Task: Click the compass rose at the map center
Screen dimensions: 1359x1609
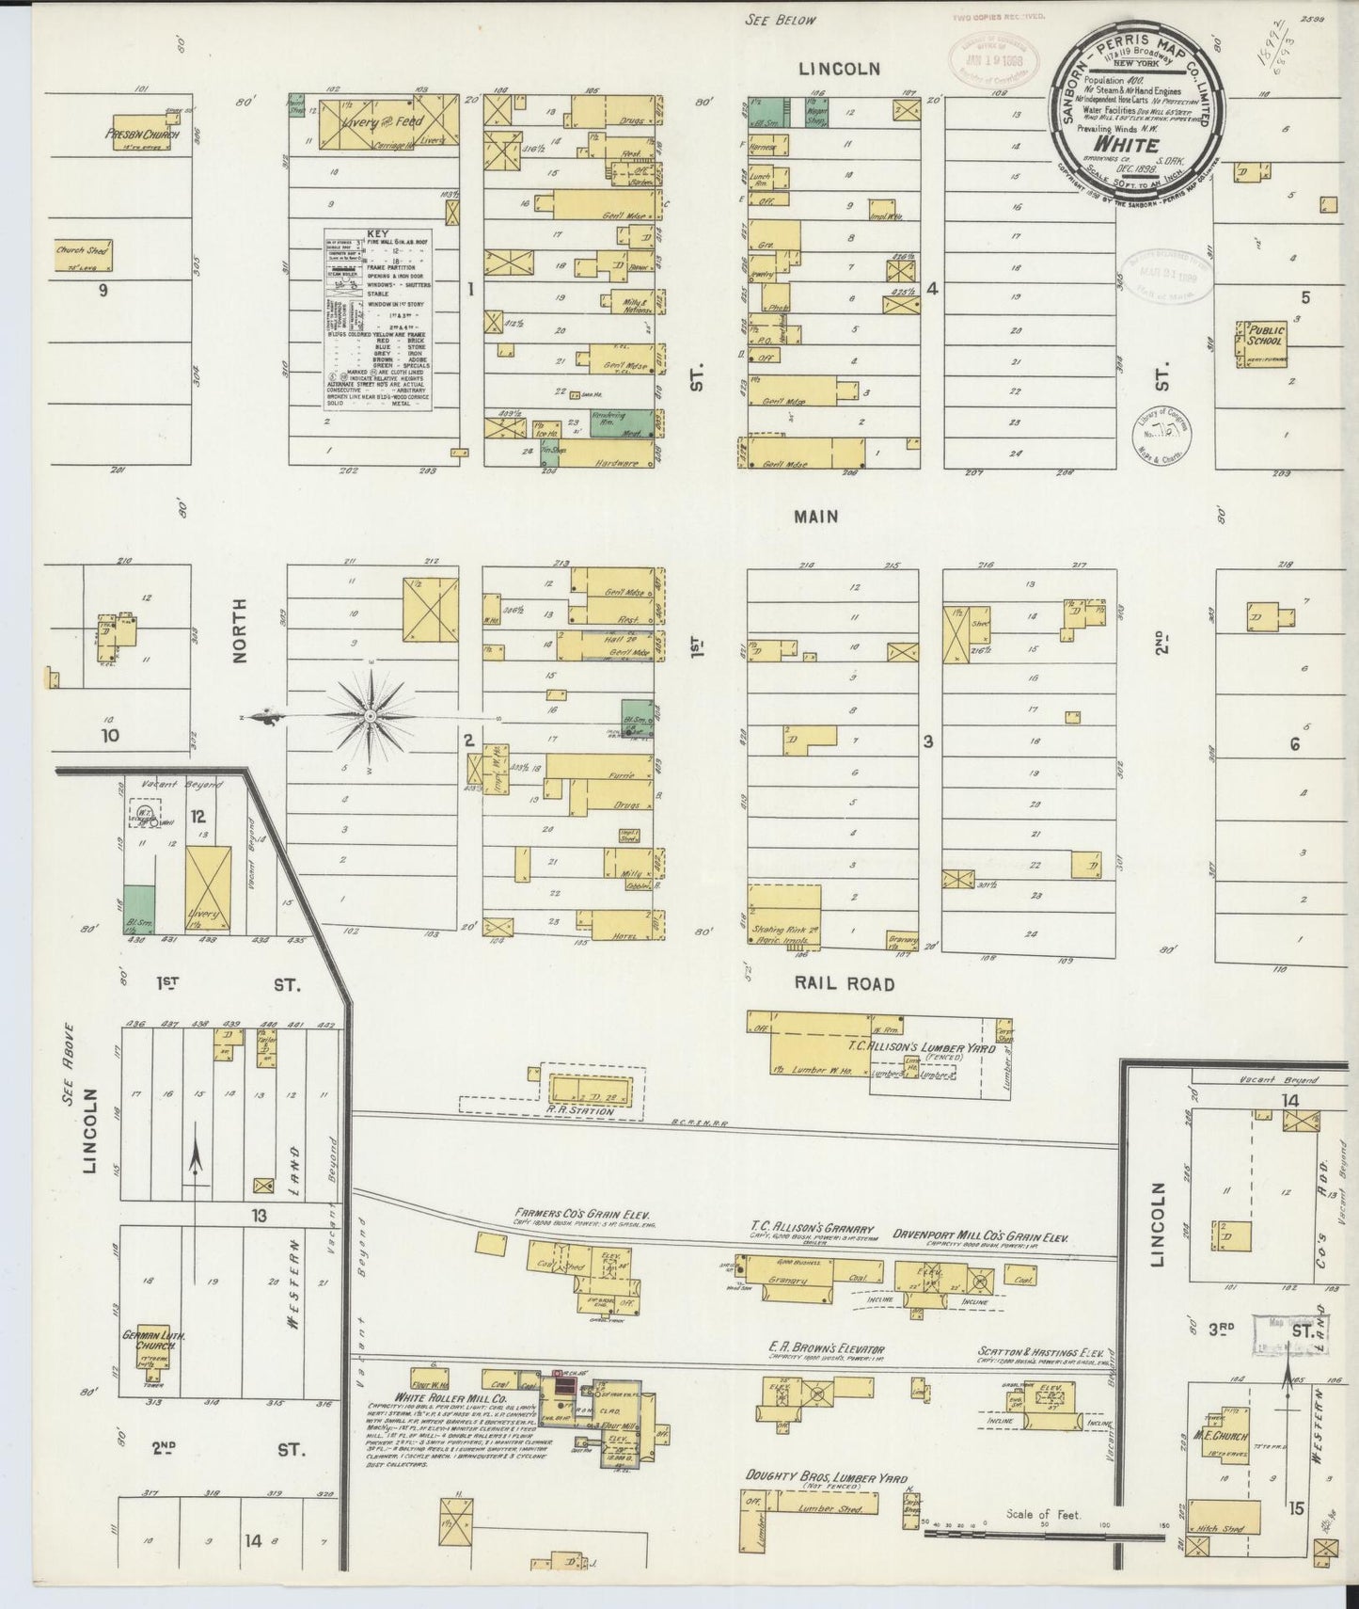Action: pyautogui.click(x=371, y=716)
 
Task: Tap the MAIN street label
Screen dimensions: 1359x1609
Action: pyautogui.click(x=815, y=517)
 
